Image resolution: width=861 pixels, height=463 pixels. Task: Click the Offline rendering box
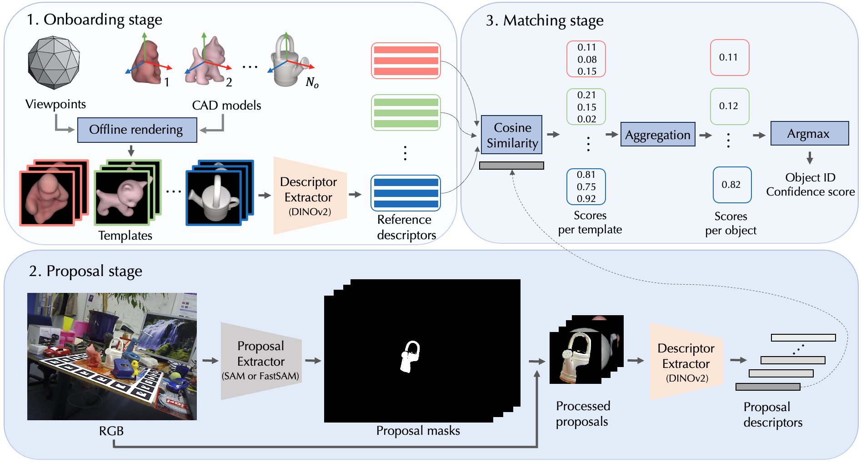137,130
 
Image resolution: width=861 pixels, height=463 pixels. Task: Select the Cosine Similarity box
511,135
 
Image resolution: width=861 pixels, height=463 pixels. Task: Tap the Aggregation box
657,135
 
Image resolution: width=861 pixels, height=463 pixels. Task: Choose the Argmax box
809,133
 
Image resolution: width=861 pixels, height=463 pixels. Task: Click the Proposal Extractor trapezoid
261,361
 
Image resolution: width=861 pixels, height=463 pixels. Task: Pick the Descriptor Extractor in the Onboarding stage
309,196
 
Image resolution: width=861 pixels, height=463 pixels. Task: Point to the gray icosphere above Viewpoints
54,63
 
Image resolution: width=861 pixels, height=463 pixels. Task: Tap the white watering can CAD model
286,64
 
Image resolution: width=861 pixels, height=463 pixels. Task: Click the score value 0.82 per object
731,185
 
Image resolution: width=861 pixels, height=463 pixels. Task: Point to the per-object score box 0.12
729,106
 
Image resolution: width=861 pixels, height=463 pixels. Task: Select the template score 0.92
586,199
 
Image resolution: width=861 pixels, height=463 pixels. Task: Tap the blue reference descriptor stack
405,193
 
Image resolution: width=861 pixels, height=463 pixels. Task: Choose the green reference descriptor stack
405,113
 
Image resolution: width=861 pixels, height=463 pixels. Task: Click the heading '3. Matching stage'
544,20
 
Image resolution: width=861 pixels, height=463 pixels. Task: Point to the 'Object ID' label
810,177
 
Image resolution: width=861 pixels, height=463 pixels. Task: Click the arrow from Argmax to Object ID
810,158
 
